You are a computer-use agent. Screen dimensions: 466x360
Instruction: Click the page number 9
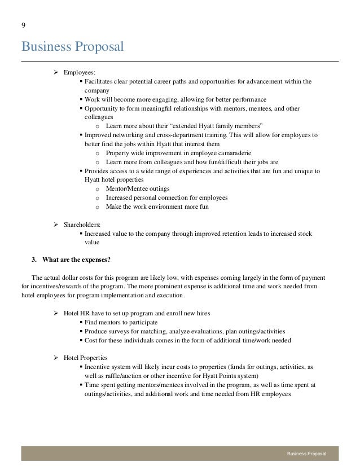[x=24, y=25]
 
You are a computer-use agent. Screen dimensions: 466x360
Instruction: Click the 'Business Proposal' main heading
[x=72, y=45]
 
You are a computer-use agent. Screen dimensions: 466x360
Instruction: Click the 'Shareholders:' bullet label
[x=83, y=225]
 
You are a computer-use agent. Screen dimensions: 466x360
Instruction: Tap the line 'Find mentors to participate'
[x=121, y=322]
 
